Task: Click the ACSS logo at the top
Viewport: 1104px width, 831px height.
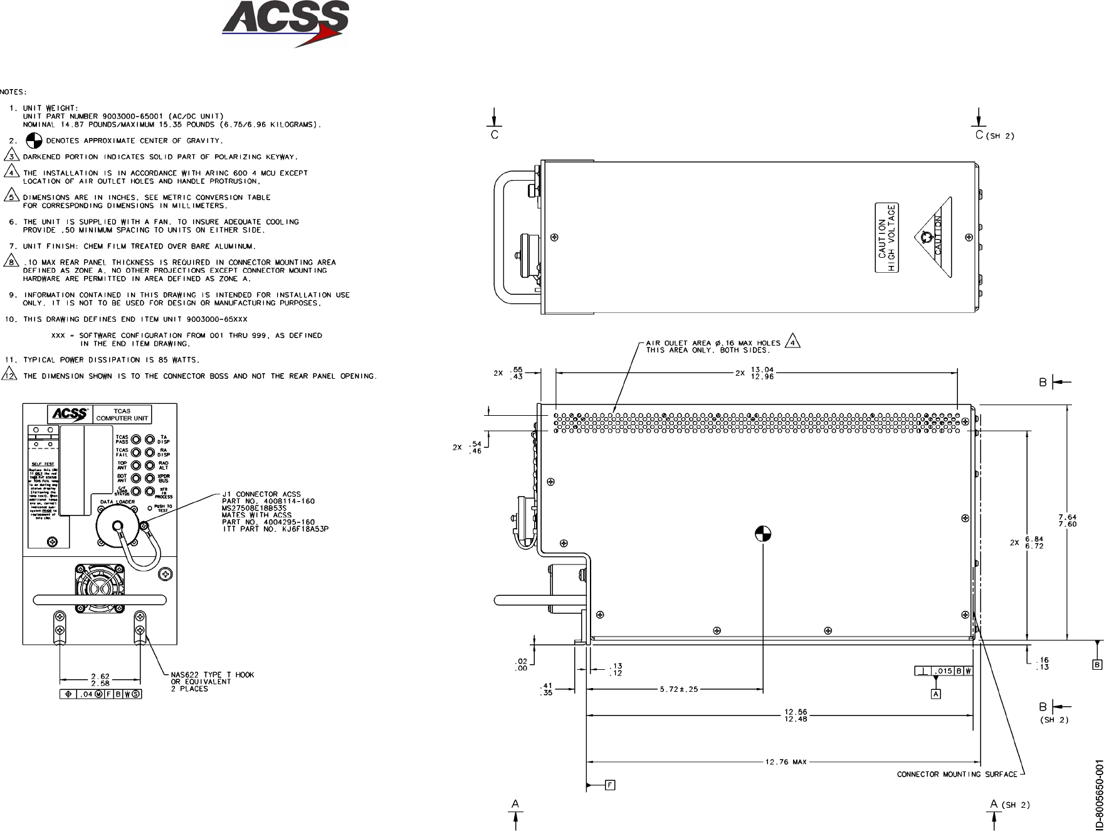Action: [285, 23]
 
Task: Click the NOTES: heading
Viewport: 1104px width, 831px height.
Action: [13, 92]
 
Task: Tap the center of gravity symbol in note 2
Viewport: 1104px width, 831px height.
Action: [36, 140]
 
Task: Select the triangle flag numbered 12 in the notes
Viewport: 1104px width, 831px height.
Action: [10, 376]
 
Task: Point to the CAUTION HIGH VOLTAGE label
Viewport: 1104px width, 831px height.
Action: [886, 238]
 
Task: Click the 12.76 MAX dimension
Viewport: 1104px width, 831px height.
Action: [786, 762]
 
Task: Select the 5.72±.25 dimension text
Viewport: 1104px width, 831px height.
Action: [678, 689]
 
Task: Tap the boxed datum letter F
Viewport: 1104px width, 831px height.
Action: [610, 785]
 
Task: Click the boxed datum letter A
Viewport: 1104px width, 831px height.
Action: [936, 694]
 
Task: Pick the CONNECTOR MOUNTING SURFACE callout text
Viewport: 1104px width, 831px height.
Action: [957, 774]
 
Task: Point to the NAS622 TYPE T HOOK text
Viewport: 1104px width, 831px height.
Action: [213, 675]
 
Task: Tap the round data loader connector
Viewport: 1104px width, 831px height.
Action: [117, 527]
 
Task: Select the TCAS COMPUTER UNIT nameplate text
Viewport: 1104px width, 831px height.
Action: [122, 415]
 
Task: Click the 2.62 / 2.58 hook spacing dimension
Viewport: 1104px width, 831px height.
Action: [100, 680]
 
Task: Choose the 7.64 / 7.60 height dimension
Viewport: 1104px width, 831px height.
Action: [1067, 521]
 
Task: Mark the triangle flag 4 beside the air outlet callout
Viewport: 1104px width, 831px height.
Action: [793, 342]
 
